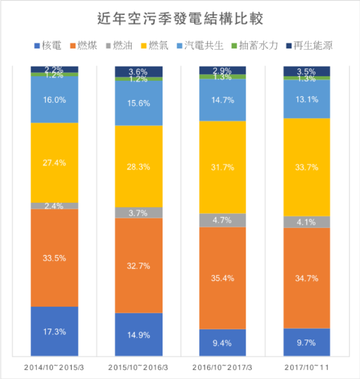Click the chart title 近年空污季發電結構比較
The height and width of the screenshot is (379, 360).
click(x=180, y=19)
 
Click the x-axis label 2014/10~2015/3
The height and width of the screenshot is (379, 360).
click(x=54, y=368)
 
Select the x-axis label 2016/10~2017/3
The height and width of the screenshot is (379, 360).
click(x=222, y=368)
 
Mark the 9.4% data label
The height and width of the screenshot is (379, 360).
click(x=222, y=342)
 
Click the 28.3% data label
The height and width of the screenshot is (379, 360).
click(x=139, y=167)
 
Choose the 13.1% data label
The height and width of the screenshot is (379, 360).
click(x=307, y=99)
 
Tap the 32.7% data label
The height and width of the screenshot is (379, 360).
click(x=139, y=265)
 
